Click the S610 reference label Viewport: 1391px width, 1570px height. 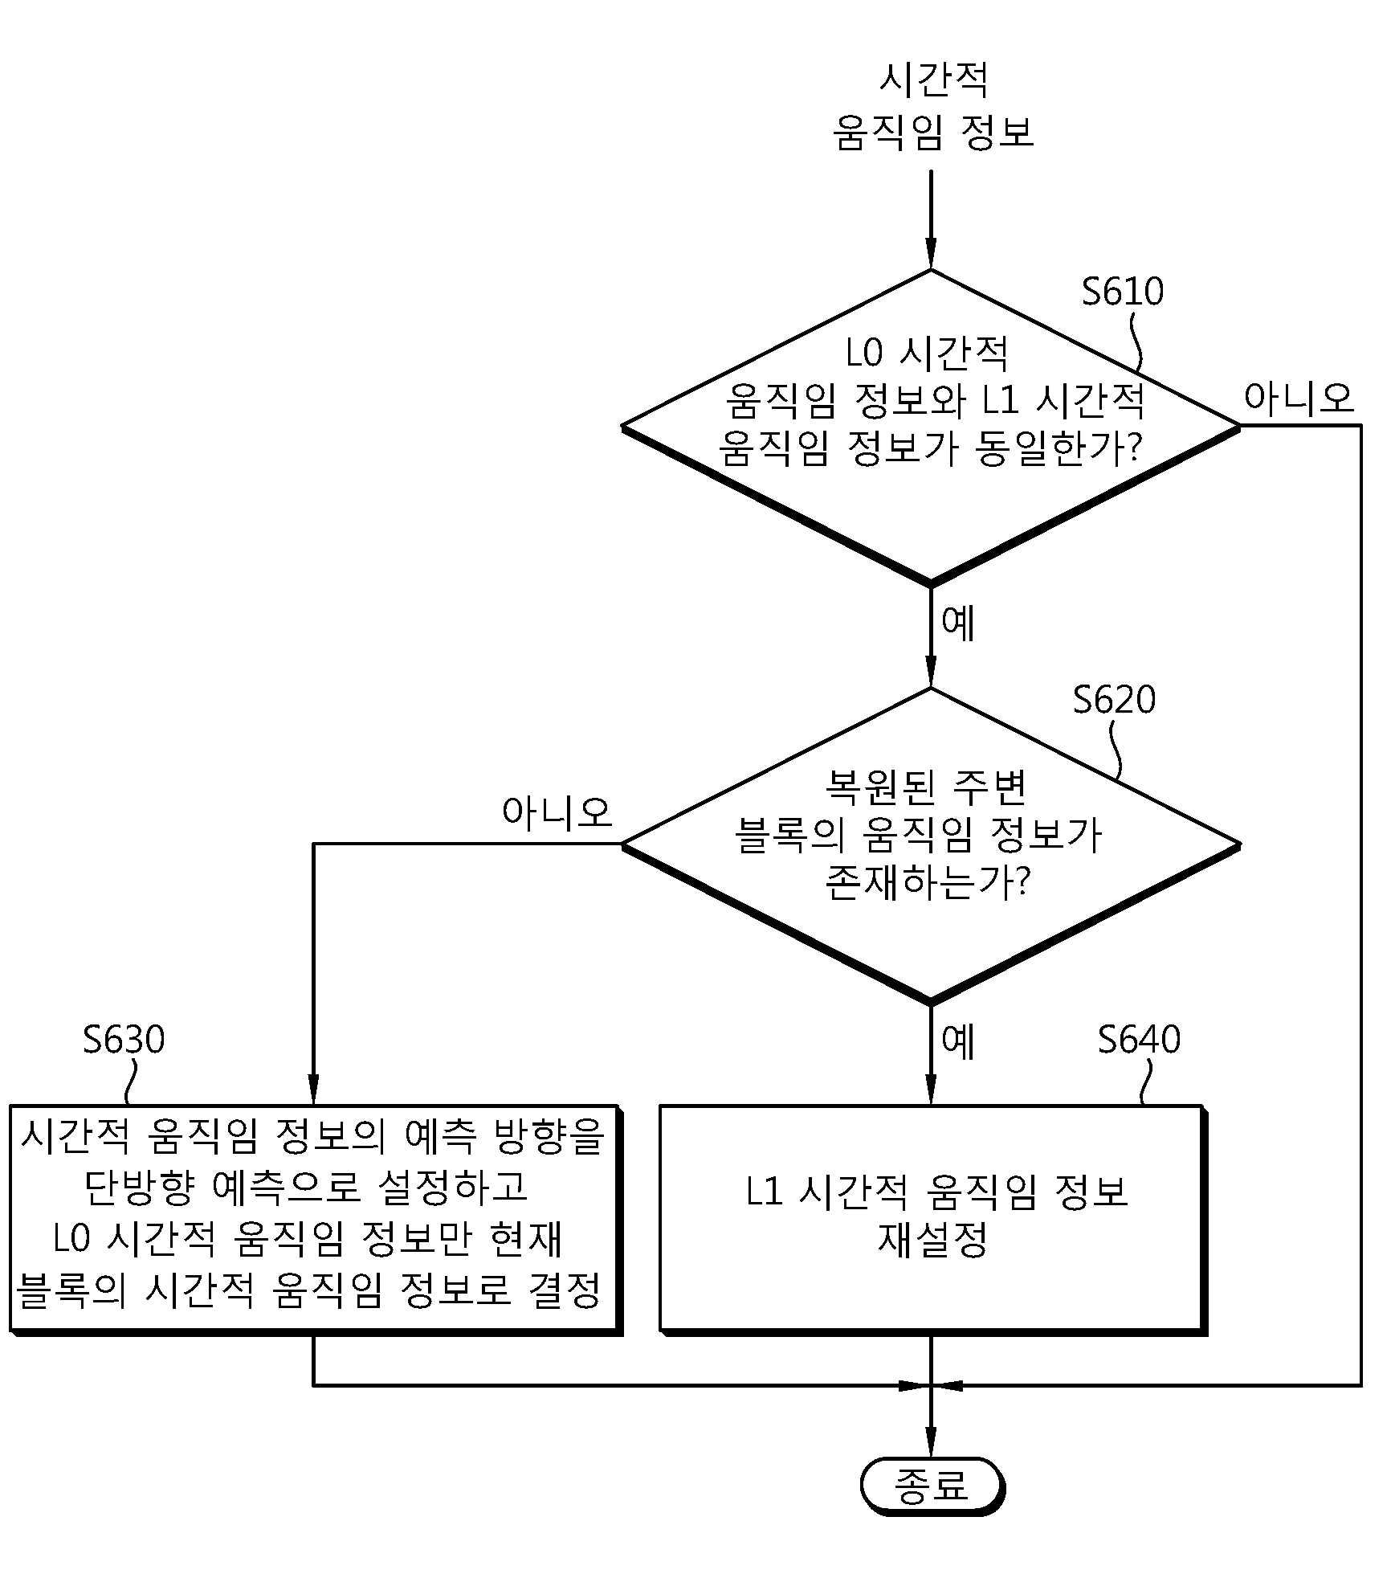click(1122, 291)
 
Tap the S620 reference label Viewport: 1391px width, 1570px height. click(1114, 700)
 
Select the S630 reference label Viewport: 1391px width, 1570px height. click(124, 1040)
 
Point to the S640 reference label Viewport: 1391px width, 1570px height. click(1139, 1040)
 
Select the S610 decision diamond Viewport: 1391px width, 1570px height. click(931, 427)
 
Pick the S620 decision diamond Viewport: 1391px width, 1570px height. click(931, 845)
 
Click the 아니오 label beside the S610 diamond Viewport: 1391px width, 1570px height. click(1299, 399)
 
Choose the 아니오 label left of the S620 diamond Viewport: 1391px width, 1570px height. click(557, 812)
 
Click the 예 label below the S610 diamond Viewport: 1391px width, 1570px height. click(958, 623)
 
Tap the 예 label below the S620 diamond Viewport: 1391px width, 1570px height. click(958, 1041)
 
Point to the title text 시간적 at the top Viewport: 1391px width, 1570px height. click(933, 80)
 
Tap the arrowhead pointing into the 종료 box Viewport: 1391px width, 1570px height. click(931, 1441)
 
